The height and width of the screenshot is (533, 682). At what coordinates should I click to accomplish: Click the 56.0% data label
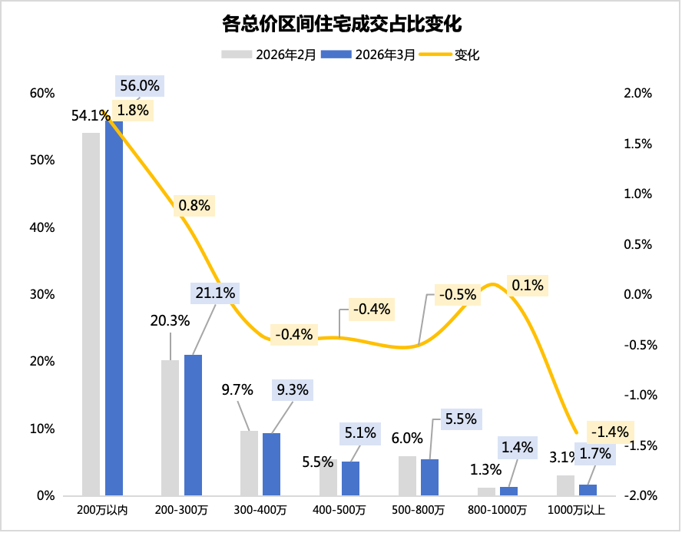[x=140, y=86]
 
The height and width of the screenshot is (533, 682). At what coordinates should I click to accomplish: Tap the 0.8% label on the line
[x=194, y=206]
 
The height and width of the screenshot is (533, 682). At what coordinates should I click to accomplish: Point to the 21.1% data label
[x=216, y=293]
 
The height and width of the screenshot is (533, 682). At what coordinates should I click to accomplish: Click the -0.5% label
[x=458, y=295]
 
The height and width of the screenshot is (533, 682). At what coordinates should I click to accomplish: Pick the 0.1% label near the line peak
[x=527, y=286]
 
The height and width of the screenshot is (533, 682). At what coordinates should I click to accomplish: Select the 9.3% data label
[x=293, y=390]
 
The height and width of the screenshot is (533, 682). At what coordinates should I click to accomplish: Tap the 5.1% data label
[x=360, y=433]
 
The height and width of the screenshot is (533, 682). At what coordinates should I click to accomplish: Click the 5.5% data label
[x=461, y=419]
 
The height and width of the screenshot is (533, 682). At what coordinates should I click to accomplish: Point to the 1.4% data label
[x=517, y=447]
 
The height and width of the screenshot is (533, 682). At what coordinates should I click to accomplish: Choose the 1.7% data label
[x=595, y=454]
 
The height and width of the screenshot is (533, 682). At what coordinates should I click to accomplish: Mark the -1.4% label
[x=610, y=432]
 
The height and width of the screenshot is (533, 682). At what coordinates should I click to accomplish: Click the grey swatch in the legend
[x=237, y=54]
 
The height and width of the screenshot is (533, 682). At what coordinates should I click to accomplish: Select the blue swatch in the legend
[x=336, y=54]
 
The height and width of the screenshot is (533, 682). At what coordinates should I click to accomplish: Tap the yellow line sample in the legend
[x=435, y=54]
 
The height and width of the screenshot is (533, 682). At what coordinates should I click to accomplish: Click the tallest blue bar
[x=114, y=307]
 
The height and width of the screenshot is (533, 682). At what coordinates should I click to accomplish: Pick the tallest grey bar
[x=91, y=315]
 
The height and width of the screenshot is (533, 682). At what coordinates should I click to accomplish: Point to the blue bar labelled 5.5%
[x=430, y=477]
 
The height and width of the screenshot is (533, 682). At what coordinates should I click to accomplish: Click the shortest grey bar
[x=486, y=492]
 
